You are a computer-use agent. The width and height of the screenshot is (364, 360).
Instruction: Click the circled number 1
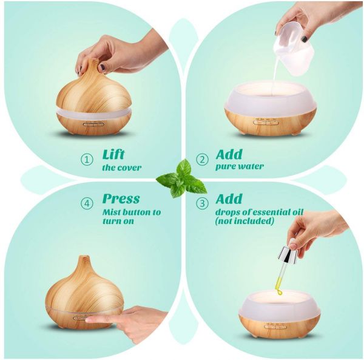click(87, 160)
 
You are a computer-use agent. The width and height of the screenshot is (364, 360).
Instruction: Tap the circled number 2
click(203, 160)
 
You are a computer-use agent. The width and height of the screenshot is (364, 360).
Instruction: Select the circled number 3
click(203, 203)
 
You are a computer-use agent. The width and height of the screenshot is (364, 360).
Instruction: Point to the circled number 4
click(87, 203)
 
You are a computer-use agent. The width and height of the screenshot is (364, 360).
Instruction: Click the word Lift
click(113, 154)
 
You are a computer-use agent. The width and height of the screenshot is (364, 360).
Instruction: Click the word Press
click(121, 199)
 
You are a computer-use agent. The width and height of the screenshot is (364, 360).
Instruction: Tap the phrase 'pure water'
click(240, 166)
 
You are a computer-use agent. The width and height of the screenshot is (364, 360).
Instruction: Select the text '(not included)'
click(244, 220)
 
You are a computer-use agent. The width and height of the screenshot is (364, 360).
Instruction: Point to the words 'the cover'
click(122, 168)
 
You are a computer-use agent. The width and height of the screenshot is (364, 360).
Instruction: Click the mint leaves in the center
click(181, 178)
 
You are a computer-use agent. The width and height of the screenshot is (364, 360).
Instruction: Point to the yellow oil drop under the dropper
click(278, 292)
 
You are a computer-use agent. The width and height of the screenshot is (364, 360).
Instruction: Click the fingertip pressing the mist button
click(89, 321)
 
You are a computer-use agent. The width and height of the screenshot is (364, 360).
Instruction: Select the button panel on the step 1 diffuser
click(93, 124)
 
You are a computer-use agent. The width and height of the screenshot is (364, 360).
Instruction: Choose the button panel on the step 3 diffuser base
click(275, 327)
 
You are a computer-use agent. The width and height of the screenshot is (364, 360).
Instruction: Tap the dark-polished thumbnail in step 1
click(102, 68)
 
